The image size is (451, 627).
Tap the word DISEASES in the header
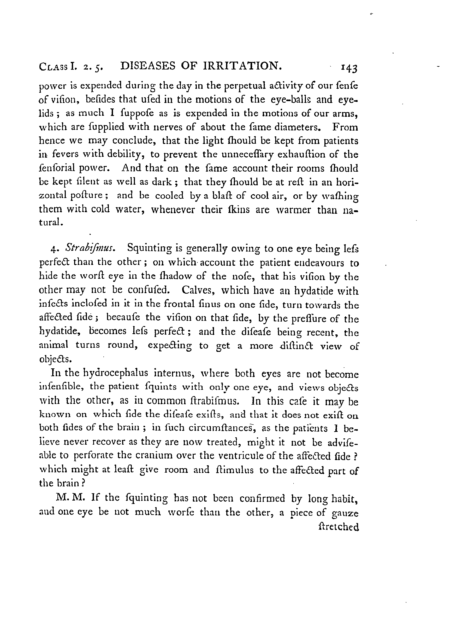point(148,66)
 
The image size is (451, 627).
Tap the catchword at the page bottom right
point(339,527)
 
